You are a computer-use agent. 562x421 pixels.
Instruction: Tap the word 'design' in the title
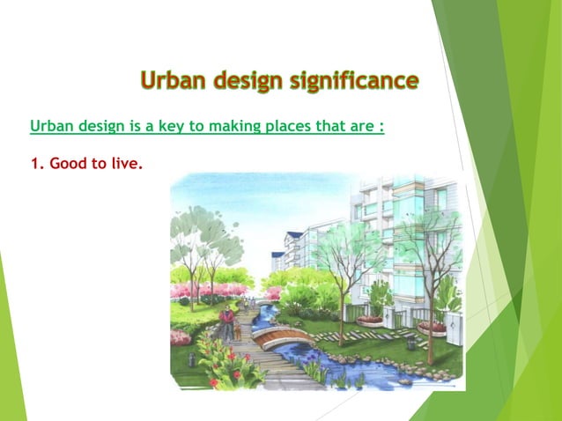254,82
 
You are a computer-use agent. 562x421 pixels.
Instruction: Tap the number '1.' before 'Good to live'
37,163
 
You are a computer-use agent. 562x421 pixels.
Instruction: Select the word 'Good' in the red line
68,163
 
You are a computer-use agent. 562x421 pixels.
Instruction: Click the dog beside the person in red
238,333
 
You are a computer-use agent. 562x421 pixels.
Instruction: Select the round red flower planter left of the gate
370,321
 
